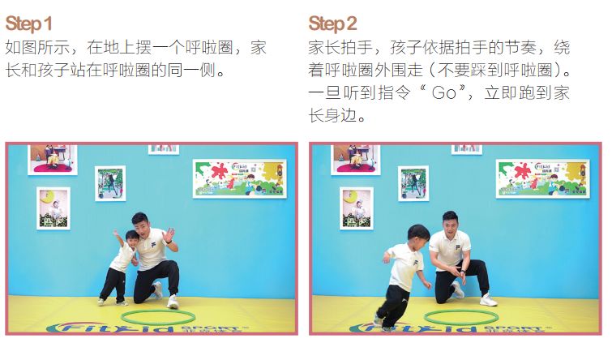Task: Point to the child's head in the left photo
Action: coord(131,239)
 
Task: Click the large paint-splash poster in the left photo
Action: coord(239,178)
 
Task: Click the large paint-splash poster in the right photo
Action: coord(542,178)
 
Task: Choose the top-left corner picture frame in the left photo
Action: coord(52,158)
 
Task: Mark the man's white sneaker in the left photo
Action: coord(173,302)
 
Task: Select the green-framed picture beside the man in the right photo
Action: coord(413,183)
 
